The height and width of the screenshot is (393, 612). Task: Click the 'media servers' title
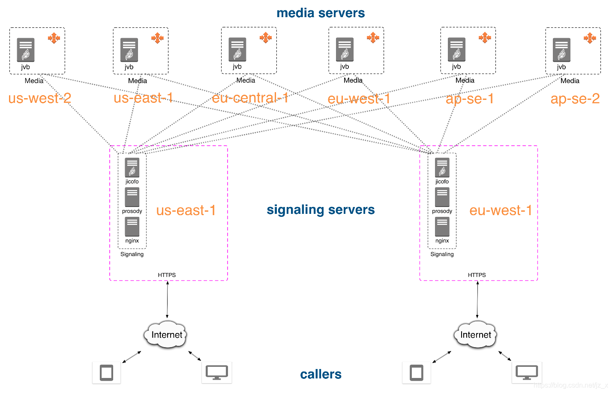pos(321,13)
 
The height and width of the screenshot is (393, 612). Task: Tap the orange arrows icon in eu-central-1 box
pos(266,38)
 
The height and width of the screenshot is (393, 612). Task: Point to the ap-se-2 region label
pos(575,99)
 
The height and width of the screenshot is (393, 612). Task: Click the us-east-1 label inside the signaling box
pos(186,210)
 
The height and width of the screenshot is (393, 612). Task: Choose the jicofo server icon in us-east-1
pos(132,168)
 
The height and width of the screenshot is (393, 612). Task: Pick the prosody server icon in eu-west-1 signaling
pos(442,197)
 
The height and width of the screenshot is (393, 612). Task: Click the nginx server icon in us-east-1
pos(132,227)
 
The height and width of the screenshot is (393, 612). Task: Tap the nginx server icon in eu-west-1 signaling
pos(442,227)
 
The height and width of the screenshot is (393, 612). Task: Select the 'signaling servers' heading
pos(321,210)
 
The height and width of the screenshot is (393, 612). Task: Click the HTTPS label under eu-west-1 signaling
pos(477,275)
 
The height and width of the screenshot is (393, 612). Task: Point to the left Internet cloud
pos(167,335)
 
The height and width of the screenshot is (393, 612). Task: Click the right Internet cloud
pos(476,335)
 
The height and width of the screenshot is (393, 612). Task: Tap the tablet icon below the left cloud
pos(106,372)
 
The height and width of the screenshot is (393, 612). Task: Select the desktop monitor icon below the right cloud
pos(527,372)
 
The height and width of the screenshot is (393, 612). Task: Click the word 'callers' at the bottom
pos(321,374)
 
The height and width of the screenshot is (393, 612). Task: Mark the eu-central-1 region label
pos(250,98)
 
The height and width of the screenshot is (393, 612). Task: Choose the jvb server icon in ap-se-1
pos(456,50)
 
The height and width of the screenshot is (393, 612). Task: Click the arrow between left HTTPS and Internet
pos(167,300)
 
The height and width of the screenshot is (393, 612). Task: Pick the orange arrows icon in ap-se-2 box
pos(590,38)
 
